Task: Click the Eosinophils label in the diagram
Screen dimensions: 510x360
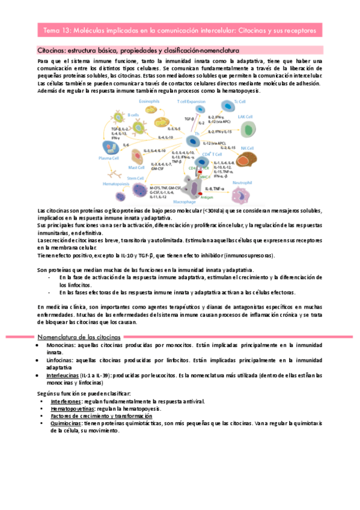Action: pos(148,102)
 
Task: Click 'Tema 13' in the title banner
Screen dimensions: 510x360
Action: pos(55,29)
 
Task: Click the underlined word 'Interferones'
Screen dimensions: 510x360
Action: pos(67,400)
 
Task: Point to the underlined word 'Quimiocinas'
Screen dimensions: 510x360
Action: pos(67,423)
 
